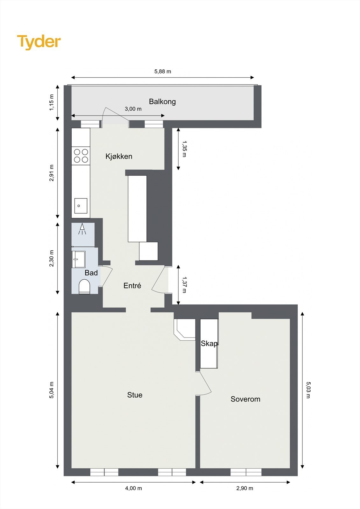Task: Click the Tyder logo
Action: [39, 42]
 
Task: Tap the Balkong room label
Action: [162, 101]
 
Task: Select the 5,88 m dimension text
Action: [163, 72]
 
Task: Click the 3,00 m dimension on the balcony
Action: [133, 109]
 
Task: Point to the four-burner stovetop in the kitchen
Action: [81, 156]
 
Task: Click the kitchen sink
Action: [81, 206]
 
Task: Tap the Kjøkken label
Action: [119, 156]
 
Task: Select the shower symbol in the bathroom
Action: [82, 229]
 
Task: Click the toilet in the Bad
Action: [84, 286]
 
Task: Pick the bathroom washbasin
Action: [78, 259]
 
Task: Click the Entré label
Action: [132, 286]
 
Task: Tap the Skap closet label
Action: [209, 344]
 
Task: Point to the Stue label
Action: [135, 395]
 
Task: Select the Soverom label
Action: [245, 399]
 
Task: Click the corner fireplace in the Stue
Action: [185, 329]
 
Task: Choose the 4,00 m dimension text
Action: [133, 488]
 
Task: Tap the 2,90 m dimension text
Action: [244, 488]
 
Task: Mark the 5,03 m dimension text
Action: [308, 390]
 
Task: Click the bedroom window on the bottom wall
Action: [246, 472]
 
